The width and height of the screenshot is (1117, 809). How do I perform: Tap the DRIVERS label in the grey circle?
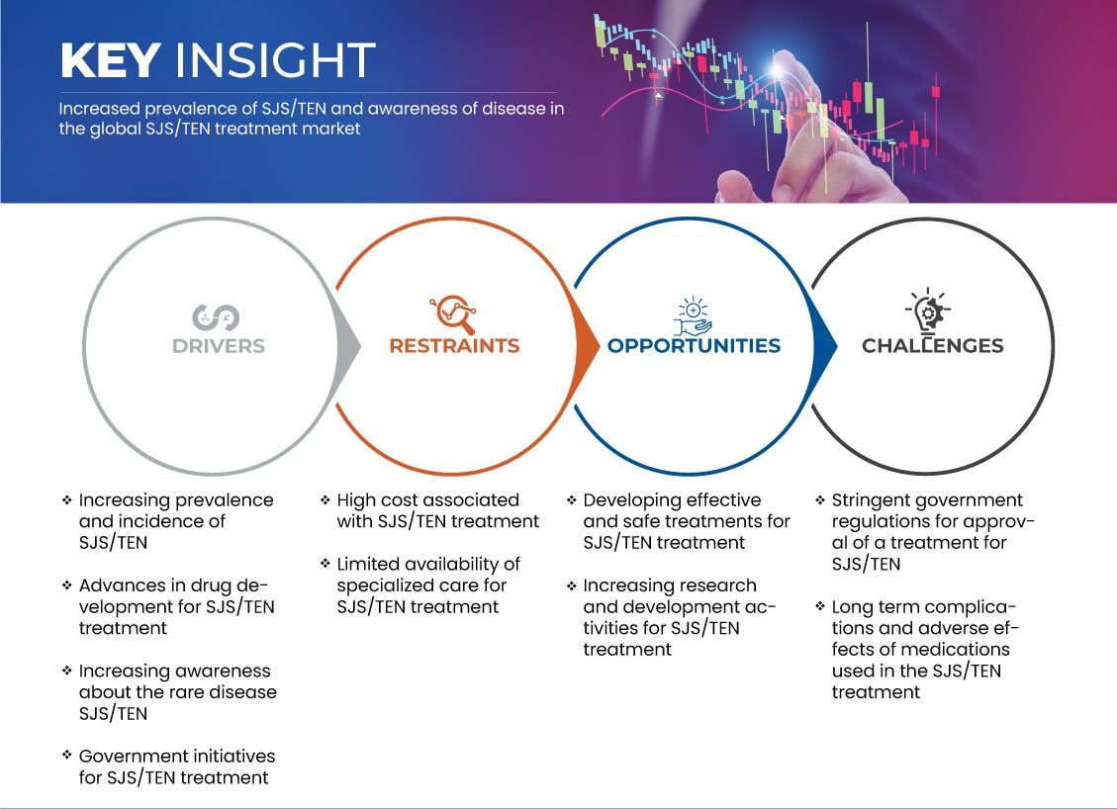pos(219,346)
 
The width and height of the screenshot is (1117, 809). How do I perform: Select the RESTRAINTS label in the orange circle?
pos(454,346)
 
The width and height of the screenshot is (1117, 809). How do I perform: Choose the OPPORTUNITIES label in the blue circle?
pos(694,346)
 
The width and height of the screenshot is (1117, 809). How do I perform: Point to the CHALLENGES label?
pos(933,346)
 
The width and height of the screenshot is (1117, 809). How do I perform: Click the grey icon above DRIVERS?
pos(216,317)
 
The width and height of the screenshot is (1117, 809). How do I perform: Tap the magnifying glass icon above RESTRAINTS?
pos(453,315)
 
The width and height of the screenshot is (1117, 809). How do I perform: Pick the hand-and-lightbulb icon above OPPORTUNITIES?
pos(694,316)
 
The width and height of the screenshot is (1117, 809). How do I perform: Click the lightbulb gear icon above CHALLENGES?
pos(927,312)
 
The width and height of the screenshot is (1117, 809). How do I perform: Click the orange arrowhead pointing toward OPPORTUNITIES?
pos(587,346)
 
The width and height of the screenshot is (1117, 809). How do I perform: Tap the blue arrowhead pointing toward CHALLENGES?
pos(825,346)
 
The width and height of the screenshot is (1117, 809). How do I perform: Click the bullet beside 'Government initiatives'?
pos(67,755)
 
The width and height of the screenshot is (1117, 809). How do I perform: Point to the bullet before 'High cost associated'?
pos(325,499)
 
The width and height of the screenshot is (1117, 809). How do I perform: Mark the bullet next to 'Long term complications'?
pos(820,607)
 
